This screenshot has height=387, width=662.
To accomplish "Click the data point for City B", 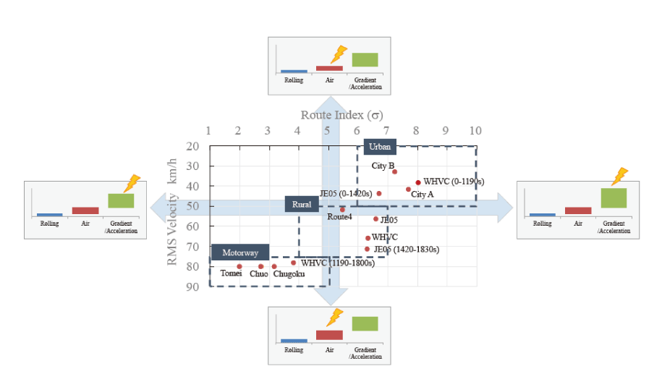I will (394, 171).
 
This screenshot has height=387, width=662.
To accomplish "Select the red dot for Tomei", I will (239, 266).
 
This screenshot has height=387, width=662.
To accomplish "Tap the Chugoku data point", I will (274, 266).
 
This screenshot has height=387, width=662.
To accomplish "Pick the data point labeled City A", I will (408, 190).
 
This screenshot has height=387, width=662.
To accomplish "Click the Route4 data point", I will (342, 210).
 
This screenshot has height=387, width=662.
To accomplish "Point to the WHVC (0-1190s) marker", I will (418, 182).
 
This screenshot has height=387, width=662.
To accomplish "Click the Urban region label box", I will (380, 147).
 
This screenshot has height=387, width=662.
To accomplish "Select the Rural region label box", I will (302, 205).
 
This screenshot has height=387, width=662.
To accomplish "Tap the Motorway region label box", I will (240, 252).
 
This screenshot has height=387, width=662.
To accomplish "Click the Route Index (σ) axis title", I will (341, 114).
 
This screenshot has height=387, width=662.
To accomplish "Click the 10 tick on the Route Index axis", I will (475, 131).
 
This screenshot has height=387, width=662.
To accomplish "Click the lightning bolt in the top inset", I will (338, 54).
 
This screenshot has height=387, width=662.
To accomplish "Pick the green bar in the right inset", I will (614, 197).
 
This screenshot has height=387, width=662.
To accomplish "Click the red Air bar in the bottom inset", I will (329, 335).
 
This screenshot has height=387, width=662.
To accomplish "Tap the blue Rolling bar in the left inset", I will (49, 215).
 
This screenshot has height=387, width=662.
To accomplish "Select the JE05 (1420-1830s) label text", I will (406, 250).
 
